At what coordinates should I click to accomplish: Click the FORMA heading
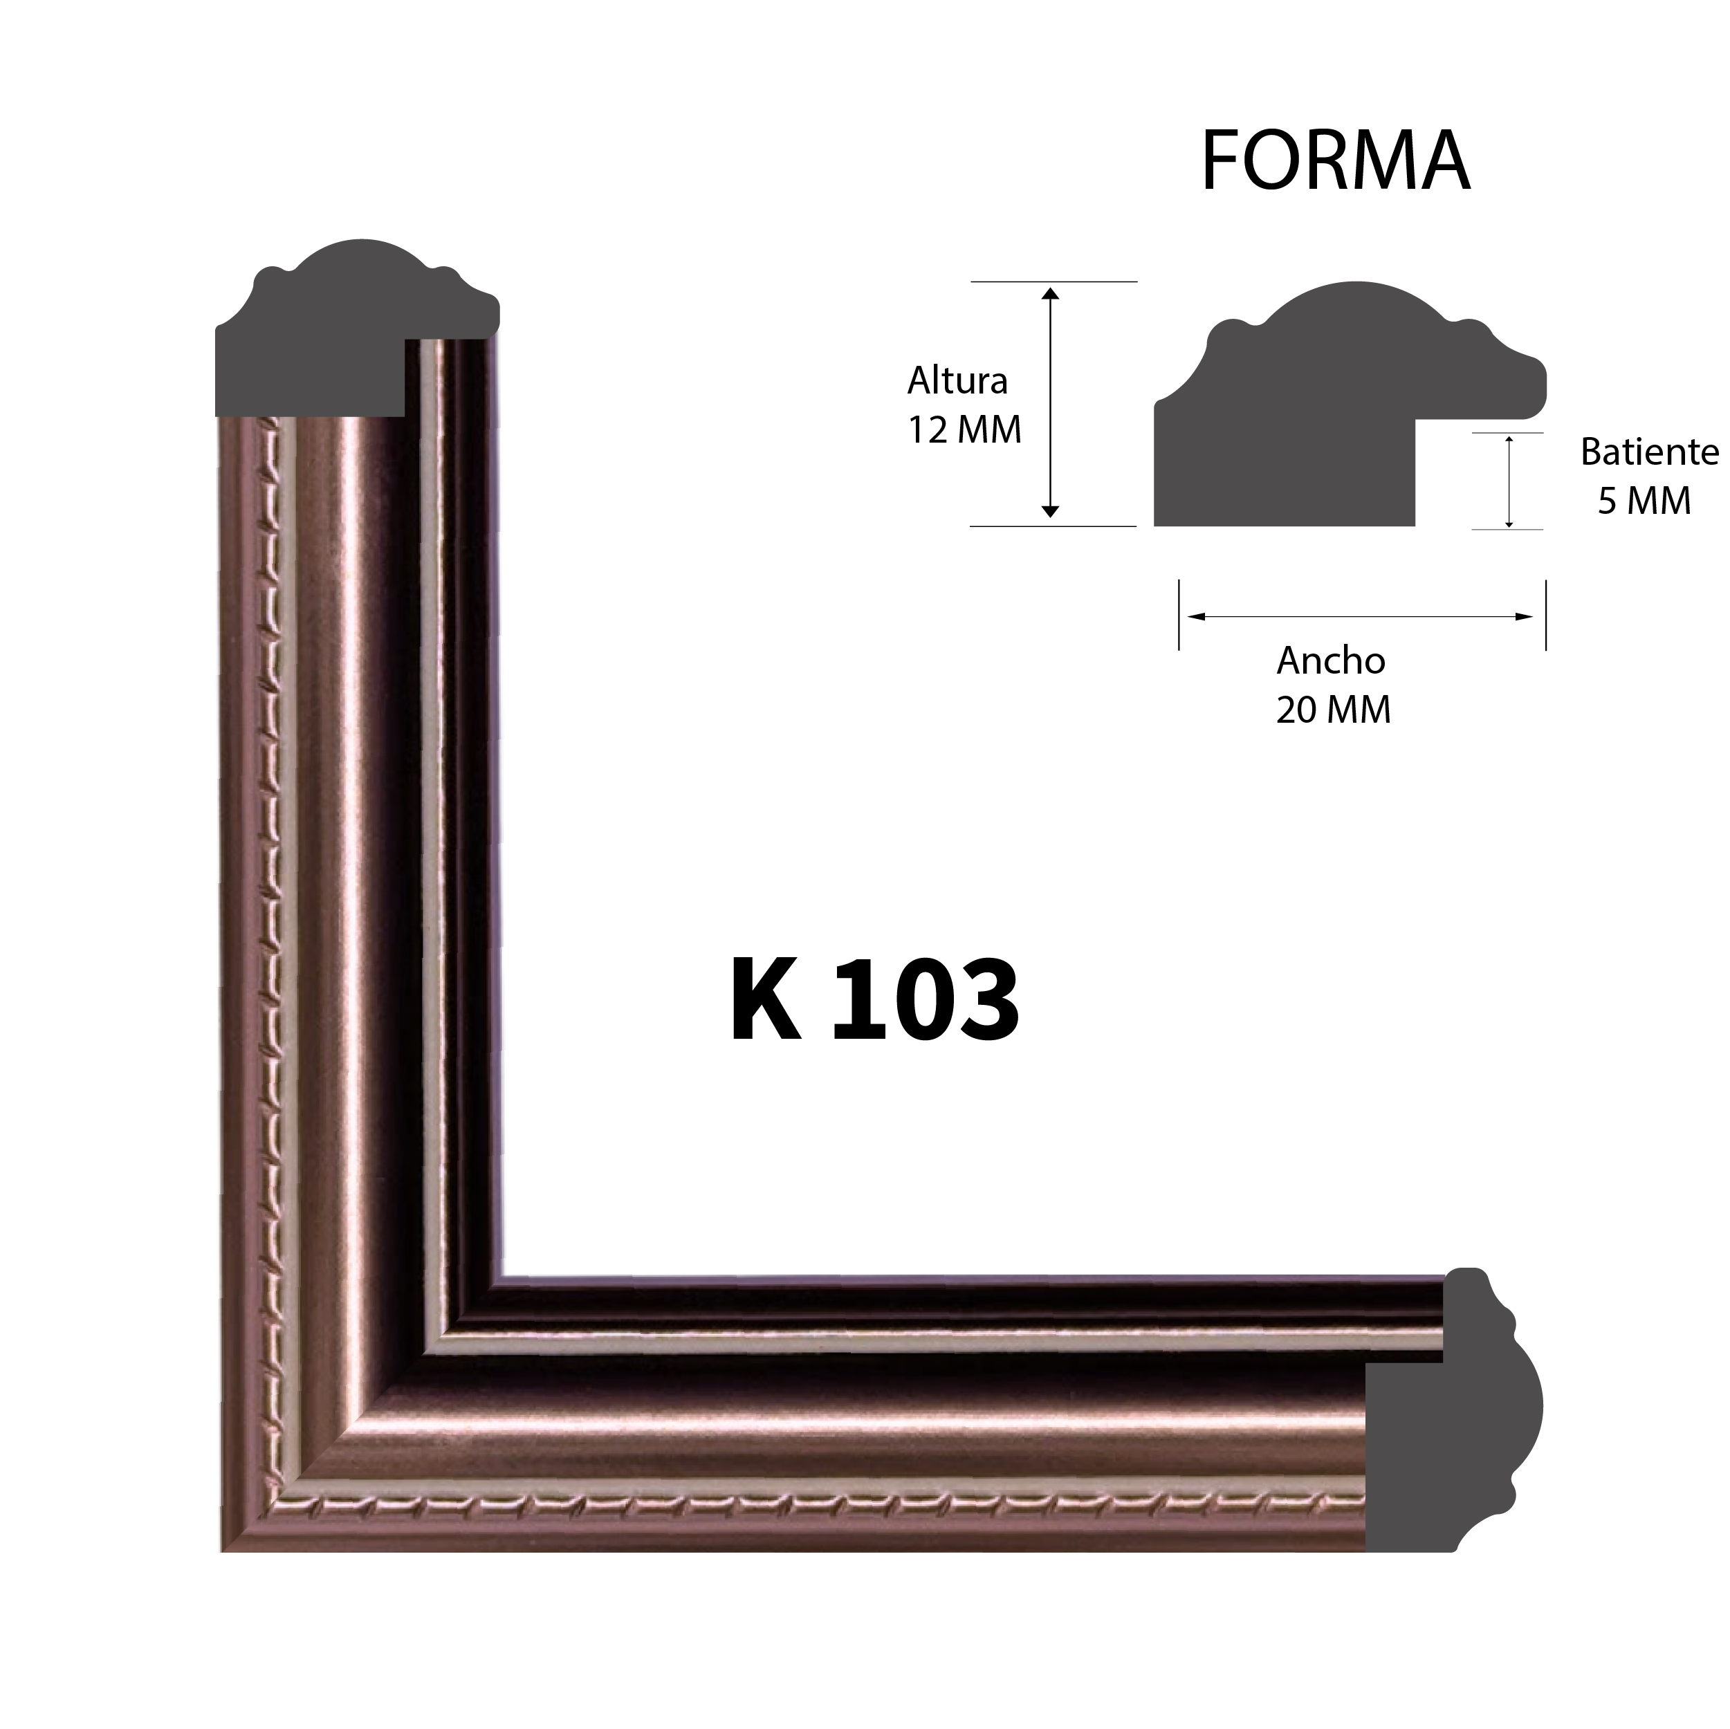[1334, 161]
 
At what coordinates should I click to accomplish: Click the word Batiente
[1648, 452]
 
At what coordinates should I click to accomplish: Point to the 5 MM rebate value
[1644, 501]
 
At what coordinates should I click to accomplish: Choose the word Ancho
[1331, 660]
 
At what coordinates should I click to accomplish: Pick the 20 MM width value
[1334, 710]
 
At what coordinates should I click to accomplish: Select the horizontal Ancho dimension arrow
[1361, 616]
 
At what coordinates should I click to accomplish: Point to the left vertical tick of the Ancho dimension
[1179, 615]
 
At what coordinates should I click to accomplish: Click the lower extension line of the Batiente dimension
[1507, 529]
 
